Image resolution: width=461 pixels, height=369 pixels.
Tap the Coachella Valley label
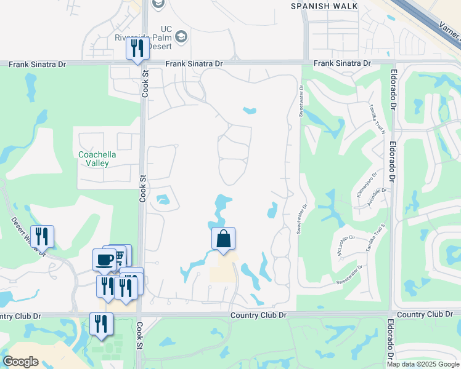pyautogui.click(x=94, y=159)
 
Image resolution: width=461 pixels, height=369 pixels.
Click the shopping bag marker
pyautogui.click(x=223, y=239)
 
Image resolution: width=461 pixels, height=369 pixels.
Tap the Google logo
pyautogui.click(x=21, y=361)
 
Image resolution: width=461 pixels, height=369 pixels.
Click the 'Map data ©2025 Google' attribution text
pyautogui.click(x=423, y=364)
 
